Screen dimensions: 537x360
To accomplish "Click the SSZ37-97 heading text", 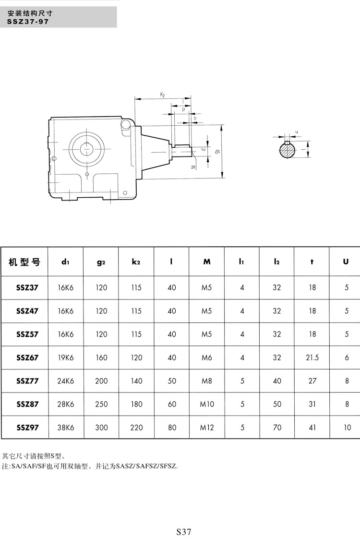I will point(28,22).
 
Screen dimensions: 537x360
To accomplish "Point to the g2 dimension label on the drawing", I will point(217,151).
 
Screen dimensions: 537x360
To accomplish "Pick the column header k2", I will point(136,262).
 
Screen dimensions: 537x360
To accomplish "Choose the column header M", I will point(207,262).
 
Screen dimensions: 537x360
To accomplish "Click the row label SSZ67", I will point(27,358).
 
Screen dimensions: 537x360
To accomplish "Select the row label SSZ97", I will point(27,427).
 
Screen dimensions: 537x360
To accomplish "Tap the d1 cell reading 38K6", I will point(65,427).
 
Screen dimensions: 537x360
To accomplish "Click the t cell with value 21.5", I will point(312,358).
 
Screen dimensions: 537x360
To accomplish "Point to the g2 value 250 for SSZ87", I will point(101,404).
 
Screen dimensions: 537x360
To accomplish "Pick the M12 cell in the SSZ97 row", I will point(207,427).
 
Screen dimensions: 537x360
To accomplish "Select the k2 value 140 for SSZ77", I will point(136,381).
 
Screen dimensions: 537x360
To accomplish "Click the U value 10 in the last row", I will point(347,427).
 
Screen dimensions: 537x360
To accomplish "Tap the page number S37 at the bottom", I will point(184,531).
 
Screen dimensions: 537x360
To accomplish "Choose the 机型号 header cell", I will point(24,262).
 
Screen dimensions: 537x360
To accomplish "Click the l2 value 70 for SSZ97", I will point(277,427).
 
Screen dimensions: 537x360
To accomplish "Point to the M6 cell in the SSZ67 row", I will point(207,358).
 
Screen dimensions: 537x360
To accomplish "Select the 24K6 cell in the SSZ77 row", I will point(65,381).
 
